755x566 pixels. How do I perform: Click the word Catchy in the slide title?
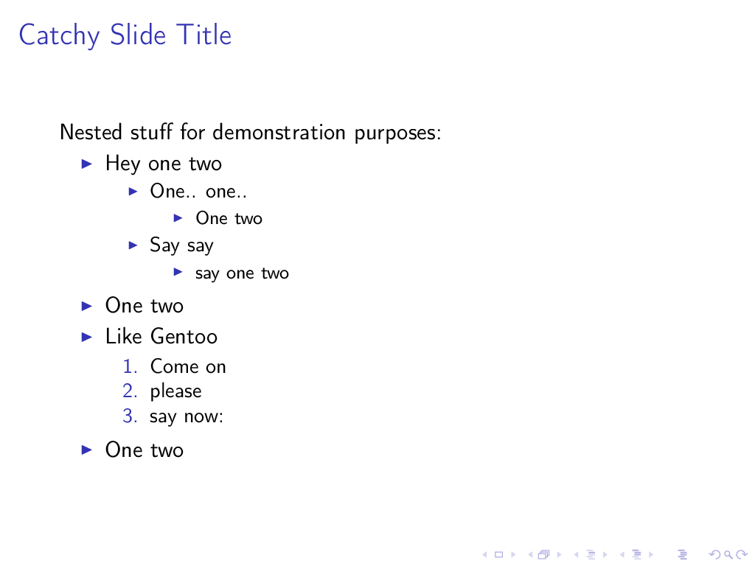pyautogui.click(x=59, y=35)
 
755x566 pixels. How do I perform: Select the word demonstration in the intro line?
pyautogui.click(x=279, y=132)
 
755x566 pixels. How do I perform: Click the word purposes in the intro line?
pyautogui.click(x=397, y=134)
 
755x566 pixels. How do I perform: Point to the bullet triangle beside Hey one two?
pyautogui.click(x=87, y=164)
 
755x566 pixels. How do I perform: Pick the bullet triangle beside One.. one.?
pyautogui.click(x=133, y=192)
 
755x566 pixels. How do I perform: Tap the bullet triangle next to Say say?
pyautogui.click(x=133, y=245)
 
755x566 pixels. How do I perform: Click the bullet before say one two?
pyautogui.click(x=178, y=273)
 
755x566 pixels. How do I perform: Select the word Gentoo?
pyautogui.click(x=184, y=336)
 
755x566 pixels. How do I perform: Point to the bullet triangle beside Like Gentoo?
pyautogui.click(x=87, y=337)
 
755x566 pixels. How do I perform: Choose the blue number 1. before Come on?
pyautogui.click(x=130, y=367)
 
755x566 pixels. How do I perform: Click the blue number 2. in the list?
pyautogui.click(x=130, y=391)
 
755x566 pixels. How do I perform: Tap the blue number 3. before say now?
pyautogui.click(x=130, y=416)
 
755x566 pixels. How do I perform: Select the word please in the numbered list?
pyautogui.click(x=175, y=392)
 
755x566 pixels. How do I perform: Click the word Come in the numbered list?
pyautogui.click(x=174, y=367)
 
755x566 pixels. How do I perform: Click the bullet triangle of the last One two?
pyautogui.click(x=87, y=450)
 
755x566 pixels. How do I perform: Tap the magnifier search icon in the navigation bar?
pyautogui.click(x=728, y=555)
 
